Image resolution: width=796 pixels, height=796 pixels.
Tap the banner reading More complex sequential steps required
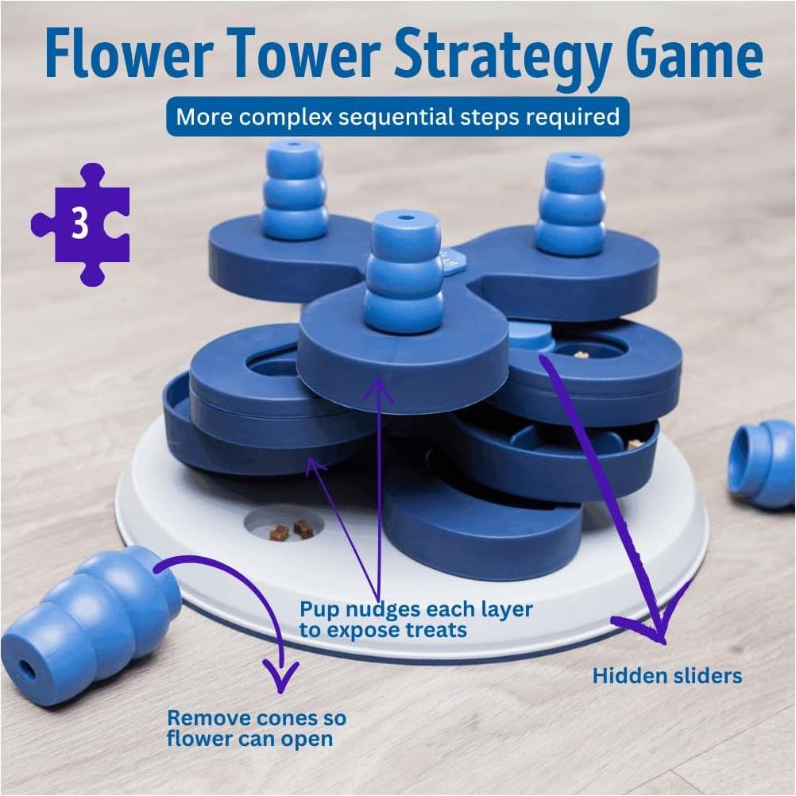(397, 117)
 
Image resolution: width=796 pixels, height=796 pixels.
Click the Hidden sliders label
(667, 676)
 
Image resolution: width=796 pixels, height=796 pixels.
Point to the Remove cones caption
(256, 728)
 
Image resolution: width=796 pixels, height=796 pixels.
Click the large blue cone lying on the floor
(91, 625)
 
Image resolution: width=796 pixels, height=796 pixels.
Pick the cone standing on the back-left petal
(295, 191)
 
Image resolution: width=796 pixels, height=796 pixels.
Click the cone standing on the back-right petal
(571, 204)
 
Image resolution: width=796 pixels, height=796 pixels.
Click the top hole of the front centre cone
(405, 216)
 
